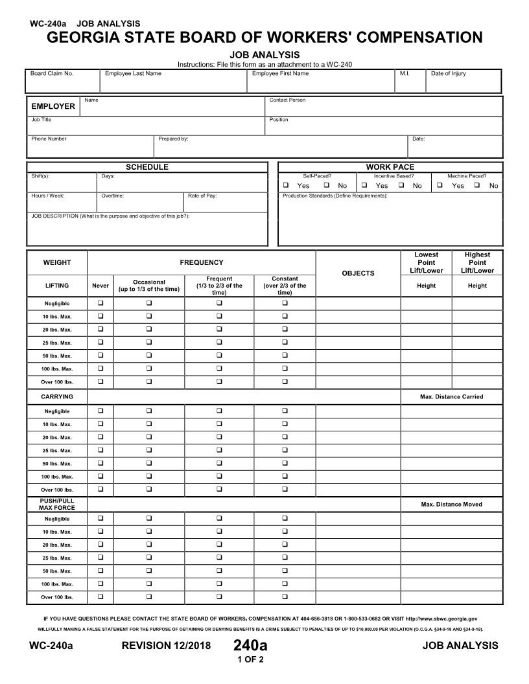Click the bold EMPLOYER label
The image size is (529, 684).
pos(53,106)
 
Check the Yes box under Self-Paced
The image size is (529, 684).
pos(286,185)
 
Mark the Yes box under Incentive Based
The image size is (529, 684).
pos(364,185)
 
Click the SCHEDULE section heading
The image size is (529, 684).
pos(147,167)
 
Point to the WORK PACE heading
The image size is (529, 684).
pos(390,167)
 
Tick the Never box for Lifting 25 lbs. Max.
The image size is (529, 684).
pos(100,343)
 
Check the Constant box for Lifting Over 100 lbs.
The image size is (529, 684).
pos(285,382)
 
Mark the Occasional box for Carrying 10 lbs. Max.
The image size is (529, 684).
pos(148,424)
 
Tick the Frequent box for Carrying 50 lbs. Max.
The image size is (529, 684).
pos(219,463)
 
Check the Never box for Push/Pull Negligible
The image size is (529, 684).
pos(100,519)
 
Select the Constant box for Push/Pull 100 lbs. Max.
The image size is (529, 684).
pos(285,584)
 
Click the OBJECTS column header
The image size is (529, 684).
pos(358,273)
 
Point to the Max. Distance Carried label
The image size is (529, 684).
pos(451,396)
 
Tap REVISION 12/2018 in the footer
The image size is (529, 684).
pos(166,645)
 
